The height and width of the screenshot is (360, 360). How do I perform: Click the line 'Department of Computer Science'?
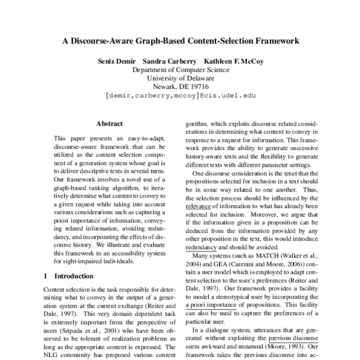click(x=181, y=70)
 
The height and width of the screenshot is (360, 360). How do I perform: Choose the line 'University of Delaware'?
click(x=181, y=78)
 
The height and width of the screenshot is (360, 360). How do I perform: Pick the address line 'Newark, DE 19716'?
click(x=181, y=86)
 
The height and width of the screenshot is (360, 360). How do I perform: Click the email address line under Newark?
click(x=180, y=95)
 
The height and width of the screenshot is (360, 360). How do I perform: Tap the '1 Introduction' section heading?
click(x=70, y=276)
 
